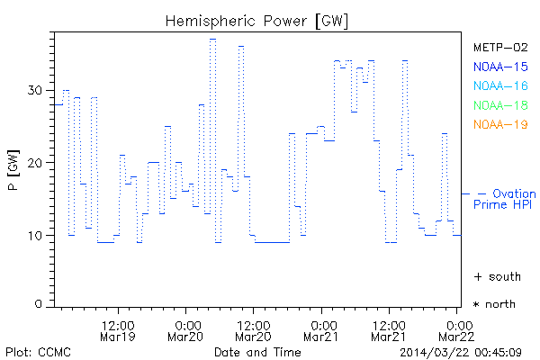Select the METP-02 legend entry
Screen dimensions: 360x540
point(499,47)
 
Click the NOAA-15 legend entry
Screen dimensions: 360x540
point(499,67)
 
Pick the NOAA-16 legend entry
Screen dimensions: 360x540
point(499,85)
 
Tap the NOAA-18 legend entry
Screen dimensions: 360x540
point(499,105)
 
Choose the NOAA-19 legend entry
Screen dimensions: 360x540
point(499,124)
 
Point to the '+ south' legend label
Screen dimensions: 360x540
point(494,275)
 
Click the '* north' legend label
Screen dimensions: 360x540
point(494,304)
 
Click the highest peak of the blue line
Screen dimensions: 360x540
point(212,39)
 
